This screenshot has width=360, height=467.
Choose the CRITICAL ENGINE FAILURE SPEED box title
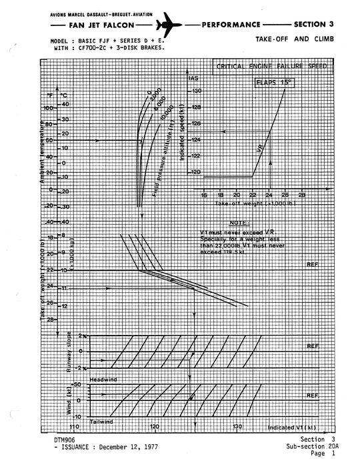pyautogui.click(x=271, y=67)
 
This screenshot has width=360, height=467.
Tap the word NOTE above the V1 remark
pyautogui.click(x=237, y=223)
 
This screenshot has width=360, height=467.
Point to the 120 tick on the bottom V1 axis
pyautogui.click(x=155, y=427)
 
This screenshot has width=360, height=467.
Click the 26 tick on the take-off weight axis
pyautogui.click(x=285, y=195)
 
